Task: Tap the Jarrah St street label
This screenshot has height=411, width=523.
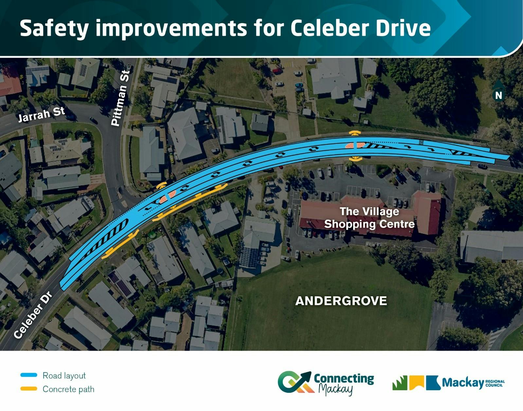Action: point(42,114)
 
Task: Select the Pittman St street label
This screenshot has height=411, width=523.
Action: point(120,98)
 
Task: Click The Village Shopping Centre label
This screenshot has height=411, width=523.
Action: point(370,218)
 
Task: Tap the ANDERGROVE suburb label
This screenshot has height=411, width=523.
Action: point(341,301)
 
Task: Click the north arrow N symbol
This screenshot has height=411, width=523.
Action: point(498,94)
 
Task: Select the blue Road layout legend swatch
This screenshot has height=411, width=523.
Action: point(29,375)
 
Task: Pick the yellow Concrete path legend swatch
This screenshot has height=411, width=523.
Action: point(29,389)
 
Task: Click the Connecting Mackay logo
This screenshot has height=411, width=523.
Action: point(326,384)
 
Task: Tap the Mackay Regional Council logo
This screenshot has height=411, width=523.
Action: point(448,383)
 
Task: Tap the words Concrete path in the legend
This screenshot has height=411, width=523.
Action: point(68,389)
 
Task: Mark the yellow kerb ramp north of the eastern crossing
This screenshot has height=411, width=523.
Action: point(355,133)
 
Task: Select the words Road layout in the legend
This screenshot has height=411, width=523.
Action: point(64,376)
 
